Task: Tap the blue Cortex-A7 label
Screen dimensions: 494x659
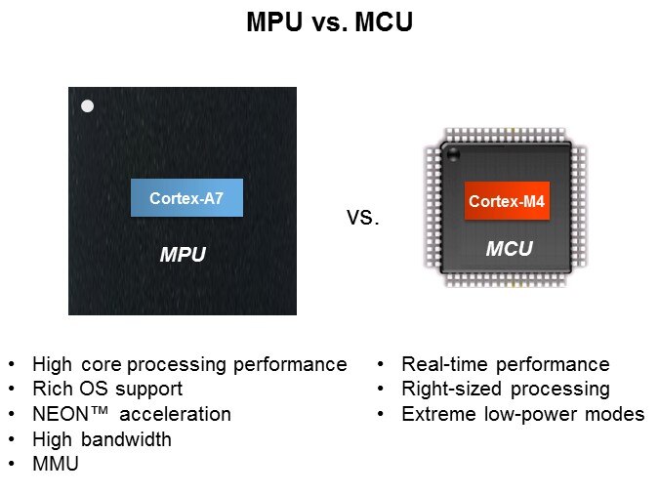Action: pos(186,198)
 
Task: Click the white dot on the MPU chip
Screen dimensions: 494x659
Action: pos(88,105)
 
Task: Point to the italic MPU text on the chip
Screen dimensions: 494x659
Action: pos(183,256)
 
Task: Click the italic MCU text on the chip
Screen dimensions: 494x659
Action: pos(509,249)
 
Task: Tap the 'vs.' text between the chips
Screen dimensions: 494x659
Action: pos(362,218)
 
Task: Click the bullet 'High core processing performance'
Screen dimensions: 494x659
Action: pos(189,364)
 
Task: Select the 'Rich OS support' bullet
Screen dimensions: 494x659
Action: pos(107,389)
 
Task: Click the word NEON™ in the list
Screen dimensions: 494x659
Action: pos(69,414)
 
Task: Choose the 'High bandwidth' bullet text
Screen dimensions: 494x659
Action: pos(102,439)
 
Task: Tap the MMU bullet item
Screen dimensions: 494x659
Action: pos(56,465)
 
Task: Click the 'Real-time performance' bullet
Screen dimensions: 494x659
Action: pos(505,364)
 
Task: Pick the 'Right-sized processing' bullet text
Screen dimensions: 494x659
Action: pos(505,389)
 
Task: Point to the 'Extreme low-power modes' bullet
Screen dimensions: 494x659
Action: pos(522,414)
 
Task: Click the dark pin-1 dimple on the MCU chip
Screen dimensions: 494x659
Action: pos(452,153)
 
